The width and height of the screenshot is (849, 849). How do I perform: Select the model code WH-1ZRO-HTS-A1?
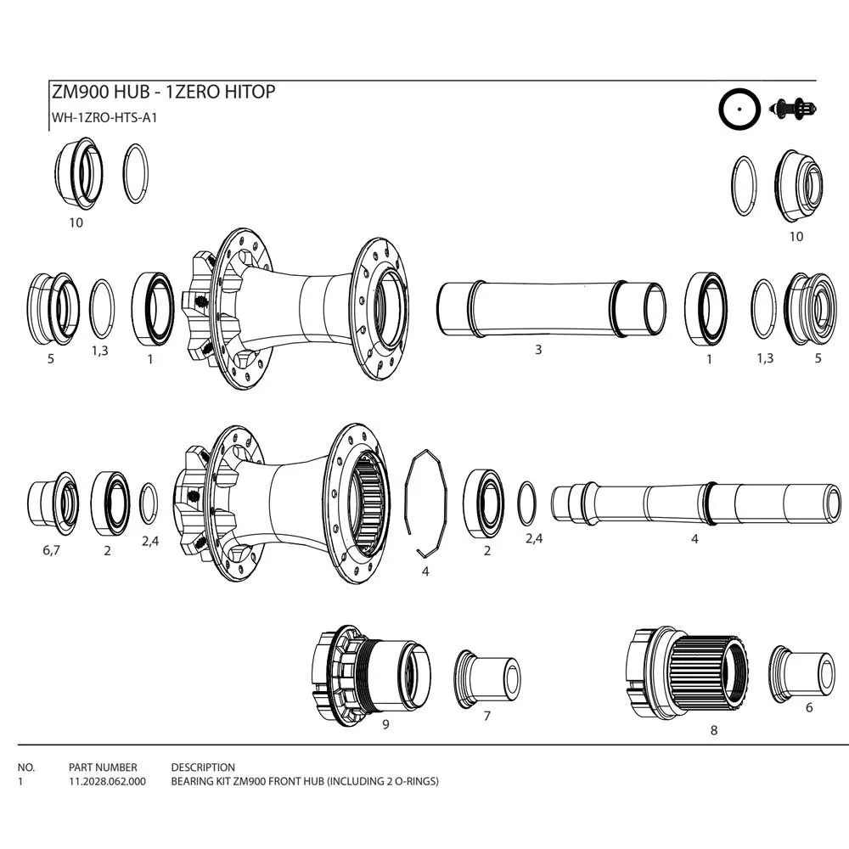point(105,118)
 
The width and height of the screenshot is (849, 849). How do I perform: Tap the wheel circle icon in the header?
point(739,110)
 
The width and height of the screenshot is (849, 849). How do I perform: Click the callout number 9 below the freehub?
point(385,724)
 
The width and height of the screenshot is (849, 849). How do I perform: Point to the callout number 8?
point(713,729)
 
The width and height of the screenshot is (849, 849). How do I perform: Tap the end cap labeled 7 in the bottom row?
point(487,677)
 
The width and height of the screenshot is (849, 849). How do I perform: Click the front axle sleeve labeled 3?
point(551,309)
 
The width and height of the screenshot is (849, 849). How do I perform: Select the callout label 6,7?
point(52,551)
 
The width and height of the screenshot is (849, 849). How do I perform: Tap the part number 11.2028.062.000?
point(107,782)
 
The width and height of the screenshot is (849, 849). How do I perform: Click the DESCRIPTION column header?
point(203,767)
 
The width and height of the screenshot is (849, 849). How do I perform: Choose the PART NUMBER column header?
point(103,767)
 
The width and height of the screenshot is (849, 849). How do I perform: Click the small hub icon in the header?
point(794,109)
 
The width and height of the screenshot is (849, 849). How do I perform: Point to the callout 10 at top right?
point(796,236)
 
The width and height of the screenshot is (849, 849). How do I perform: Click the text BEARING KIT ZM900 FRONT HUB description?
point(305,782)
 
